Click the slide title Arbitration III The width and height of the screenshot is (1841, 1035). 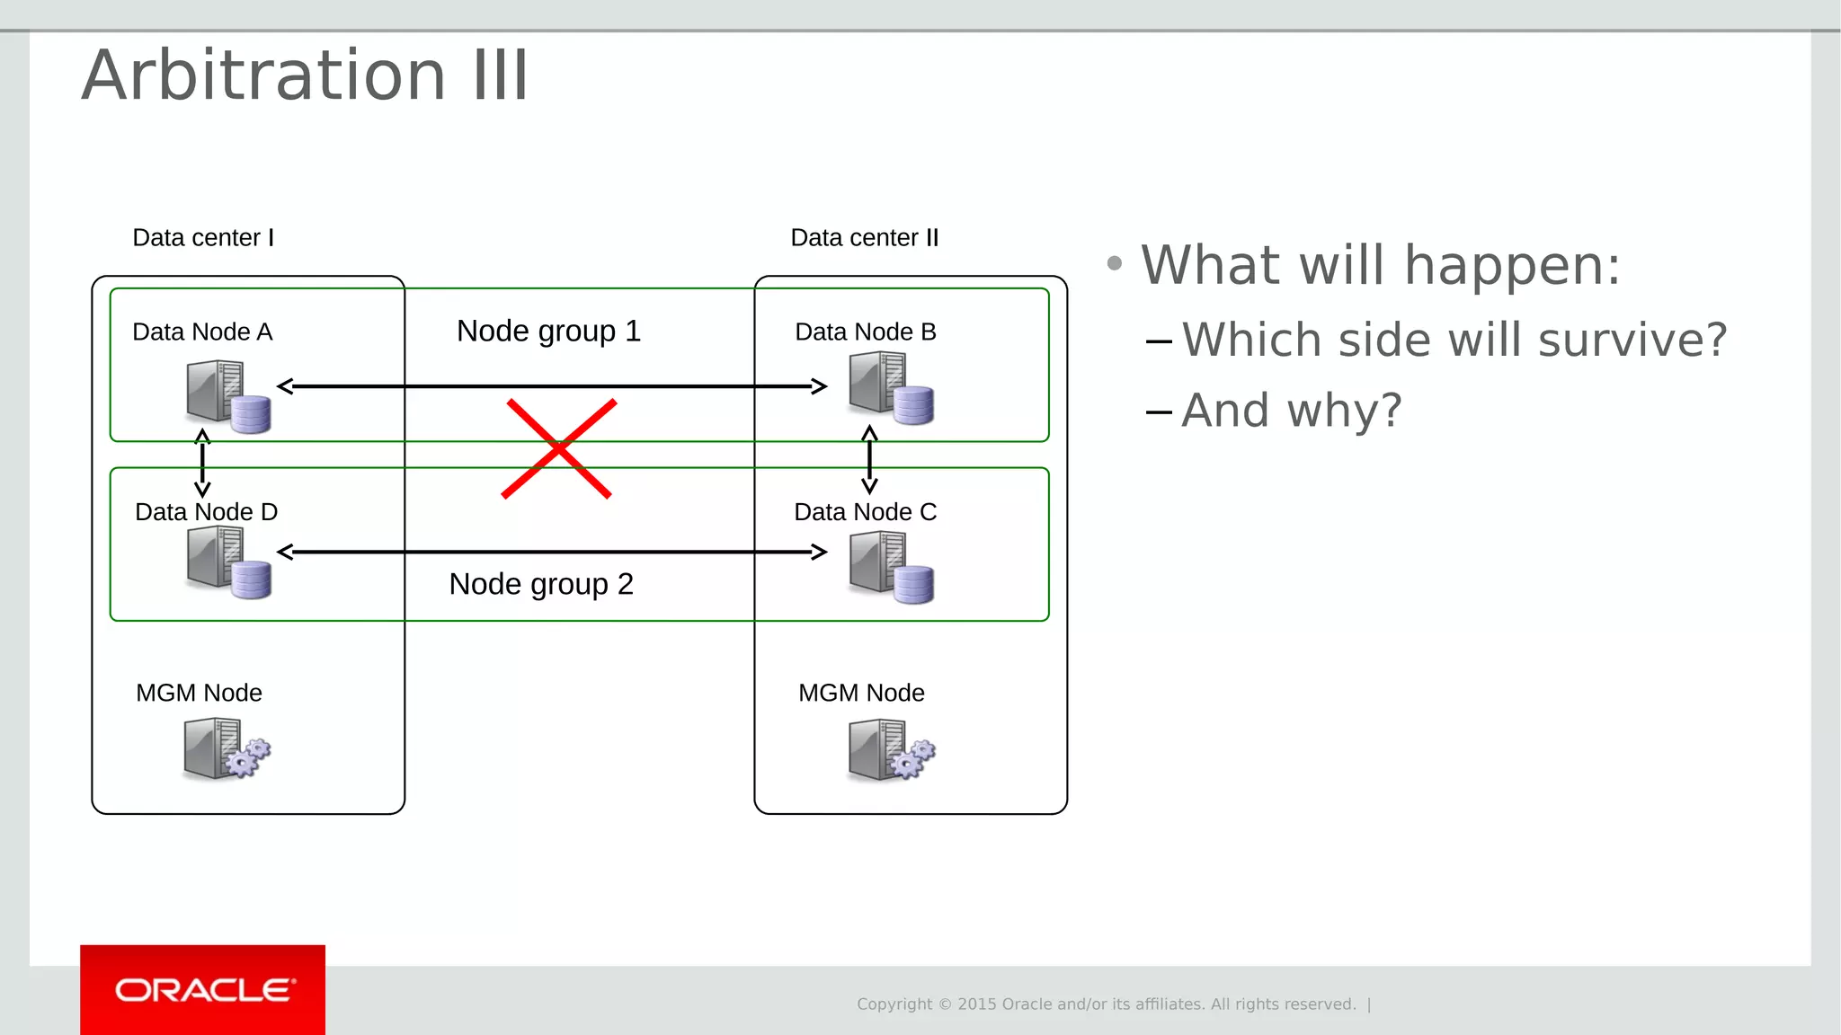306,75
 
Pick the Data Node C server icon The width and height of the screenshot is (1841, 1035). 891,567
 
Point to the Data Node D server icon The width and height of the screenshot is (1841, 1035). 228,562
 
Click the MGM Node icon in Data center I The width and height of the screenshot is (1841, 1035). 226,747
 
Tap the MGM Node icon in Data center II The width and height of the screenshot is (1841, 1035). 891,749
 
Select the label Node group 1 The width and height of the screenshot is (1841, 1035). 548,332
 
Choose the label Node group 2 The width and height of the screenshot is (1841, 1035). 541,585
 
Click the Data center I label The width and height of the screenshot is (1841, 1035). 203,238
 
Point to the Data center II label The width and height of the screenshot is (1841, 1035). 864,238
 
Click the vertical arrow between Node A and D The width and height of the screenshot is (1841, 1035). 203,464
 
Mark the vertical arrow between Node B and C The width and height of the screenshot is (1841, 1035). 869,460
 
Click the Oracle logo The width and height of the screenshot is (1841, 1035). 203,990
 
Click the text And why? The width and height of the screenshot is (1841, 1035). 1291,411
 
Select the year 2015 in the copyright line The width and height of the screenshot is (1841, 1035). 976,1004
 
